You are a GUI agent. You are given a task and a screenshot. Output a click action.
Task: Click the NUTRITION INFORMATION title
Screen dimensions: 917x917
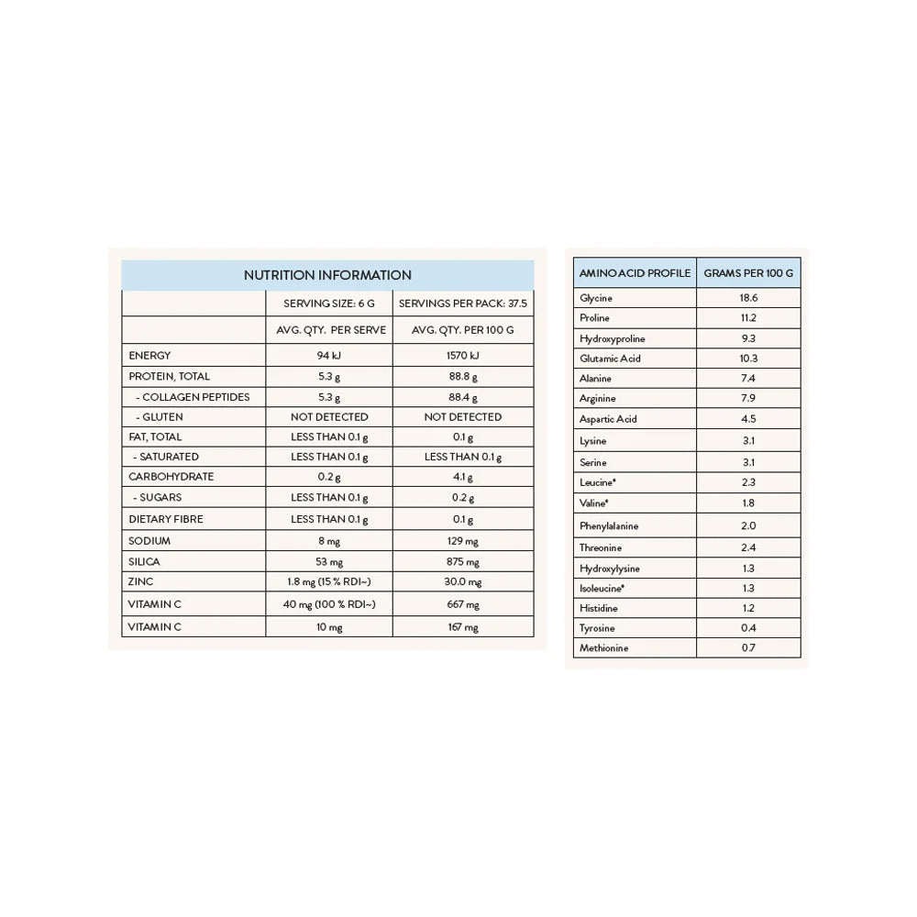point(327,275)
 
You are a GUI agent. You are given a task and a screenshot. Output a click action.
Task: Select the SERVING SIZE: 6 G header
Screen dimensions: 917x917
point(329,304)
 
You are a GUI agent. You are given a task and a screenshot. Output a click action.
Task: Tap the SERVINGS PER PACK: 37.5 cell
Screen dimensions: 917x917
point(463,304)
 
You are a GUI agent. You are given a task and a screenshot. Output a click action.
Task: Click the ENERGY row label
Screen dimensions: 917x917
point(149,356)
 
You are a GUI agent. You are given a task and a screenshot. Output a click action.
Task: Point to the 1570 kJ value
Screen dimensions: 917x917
point(463,356)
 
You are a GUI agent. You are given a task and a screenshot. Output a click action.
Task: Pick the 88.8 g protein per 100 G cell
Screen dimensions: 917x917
point(463,377)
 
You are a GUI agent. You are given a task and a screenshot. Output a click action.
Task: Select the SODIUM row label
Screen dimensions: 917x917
point(149,541)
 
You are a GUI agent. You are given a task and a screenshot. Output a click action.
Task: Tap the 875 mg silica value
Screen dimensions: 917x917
point(463,562)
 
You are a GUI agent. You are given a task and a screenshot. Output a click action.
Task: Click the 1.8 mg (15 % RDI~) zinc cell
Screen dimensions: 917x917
point(329,582)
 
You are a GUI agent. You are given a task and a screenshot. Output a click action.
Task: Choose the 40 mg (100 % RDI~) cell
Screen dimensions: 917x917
point(329,604)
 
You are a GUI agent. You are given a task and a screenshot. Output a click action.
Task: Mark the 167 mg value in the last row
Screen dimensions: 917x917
point(463,627)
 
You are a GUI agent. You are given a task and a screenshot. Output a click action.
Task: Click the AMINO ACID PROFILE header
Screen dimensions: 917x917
point(635,273)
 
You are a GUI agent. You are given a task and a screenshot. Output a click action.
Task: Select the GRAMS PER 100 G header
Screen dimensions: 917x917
point(748,273)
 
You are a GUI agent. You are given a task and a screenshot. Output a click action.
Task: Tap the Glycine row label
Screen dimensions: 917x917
point(596,298)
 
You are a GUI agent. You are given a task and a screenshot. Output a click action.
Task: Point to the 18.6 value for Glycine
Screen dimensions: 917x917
point(748,298)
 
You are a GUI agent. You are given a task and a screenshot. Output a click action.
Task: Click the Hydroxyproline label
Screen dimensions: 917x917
point(612,338)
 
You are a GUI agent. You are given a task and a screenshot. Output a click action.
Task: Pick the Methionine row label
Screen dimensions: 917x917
point(603,648)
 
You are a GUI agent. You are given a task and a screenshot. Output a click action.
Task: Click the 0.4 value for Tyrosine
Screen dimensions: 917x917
point(748,628)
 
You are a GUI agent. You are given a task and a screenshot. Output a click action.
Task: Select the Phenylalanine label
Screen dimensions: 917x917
point(609,526)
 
